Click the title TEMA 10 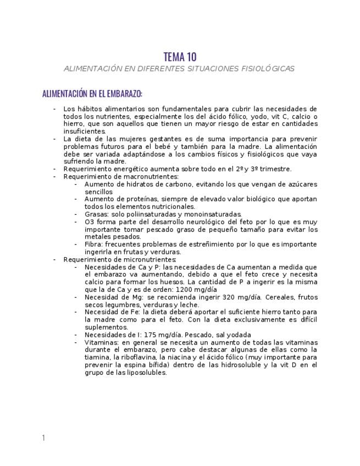(x=180, y=57)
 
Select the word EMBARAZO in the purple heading (x=125, y=93)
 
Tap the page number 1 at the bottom (x=43, y=437)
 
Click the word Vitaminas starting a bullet (x=102, y=342)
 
